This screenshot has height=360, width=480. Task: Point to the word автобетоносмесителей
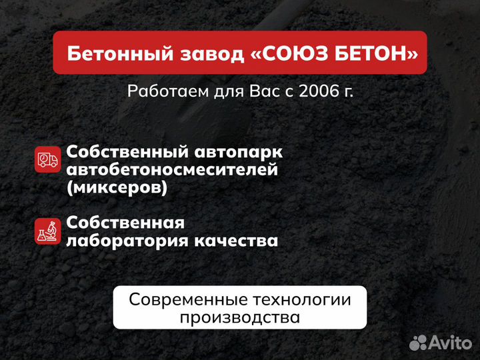(171, 170)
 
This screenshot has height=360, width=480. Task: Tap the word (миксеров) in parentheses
(117, 189)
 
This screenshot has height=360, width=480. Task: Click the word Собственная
(125, 222)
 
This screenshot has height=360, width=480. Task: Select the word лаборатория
(127, 241)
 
